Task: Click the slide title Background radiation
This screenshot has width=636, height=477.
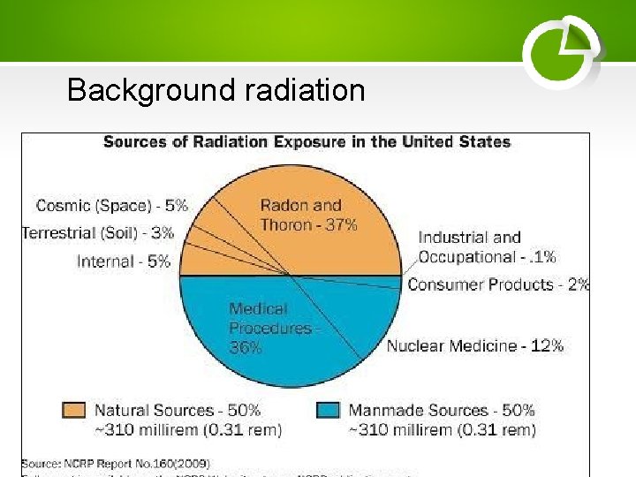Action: [x=216, y=90]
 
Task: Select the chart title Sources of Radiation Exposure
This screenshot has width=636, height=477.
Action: [x=307, y=142]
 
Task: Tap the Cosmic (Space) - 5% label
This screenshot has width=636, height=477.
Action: [x=111, y=206]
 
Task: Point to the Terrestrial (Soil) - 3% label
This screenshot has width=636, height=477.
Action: [x=98, y=233]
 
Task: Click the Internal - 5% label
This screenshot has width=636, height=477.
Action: [x=124, y=261]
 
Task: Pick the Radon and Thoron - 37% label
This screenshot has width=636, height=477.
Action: [x=308, y=216]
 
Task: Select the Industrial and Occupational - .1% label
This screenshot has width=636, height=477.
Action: [x=487, y=247]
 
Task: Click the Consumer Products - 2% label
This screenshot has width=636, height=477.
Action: [x=498, y=284]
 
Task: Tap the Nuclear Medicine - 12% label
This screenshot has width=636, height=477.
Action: [x=475, y=345]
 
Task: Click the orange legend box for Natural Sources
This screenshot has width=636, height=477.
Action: [x=74, y=411]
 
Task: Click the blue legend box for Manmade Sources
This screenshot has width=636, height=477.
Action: [x=328, y=411]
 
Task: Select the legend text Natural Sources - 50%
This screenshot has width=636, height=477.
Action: [x=178, y=411]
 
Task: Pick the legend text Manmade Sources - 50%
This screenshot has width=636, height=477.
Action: [x=442, y=411]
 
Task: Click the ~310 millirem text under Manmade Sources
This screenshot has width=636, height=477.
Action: [x=442, y=430]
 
